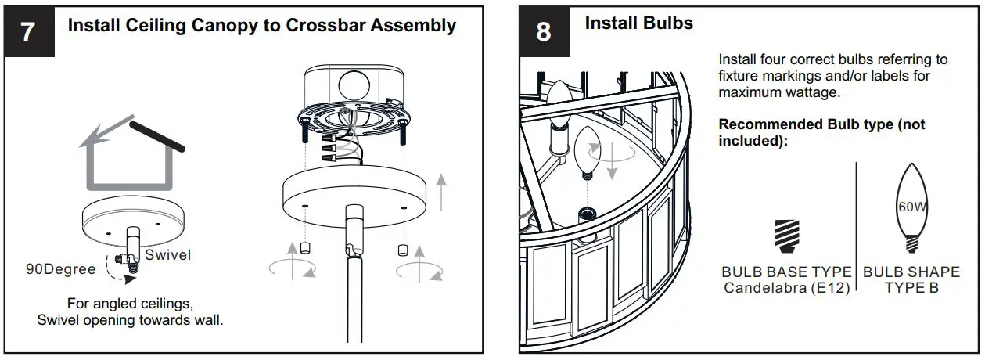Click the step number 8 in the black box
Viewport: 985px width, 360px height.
point(543,32)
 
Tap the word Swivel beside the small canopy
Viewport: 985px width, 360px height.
point(168,255)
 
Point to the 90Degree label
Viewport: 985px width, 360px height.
point(60,270)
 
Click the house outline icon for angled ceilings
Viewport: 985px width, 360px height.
point(129,157)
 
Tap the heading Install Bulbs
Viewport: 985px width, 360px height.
point(638,23)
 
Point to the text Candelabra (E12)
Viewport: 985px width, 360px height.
point(786,288)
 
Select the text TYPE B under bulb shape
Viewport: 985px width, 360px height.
point(911,288)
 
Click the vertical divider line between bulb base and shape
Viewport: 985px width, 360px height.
point(857,227)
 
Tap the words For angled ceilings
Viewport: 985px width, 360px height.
point(130,303)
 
